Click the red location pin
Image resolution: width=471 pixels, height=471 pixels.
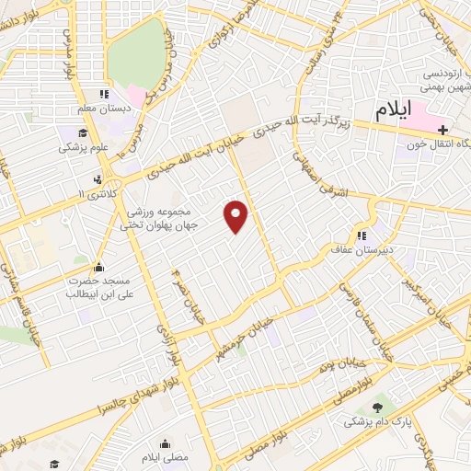[x=236, y=215]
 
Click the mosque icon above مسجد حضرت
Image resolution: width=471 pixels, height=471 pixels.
[x=97, y=267]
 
